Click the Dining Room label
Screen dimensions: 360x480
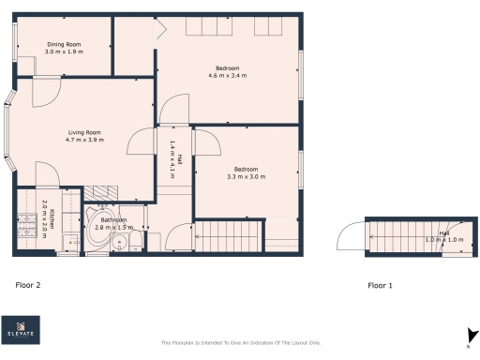(x=65, y=44)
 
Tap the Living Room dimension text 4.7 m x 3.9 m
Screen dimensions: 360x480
(x=84, y=140)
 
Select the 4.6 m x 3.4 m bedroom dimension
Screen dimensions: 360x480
(x=227, y=75)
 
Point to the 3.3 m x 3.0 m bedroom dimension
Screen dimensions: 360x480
(x=246, y=176)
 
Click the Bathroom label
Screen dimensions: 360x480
(x=114, y=220)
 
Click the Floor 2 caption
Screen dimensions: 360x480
(x=27, y=284)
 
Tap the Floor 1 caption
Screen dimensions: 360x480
(x=380, y=284)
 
